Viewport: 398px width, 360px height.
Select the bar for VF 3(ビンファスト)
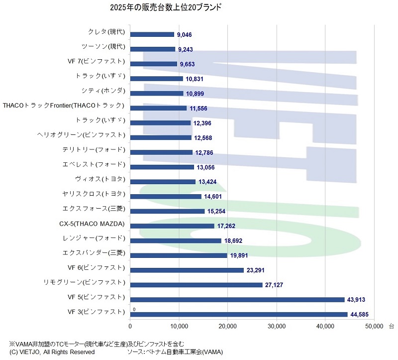(x=239, y=314)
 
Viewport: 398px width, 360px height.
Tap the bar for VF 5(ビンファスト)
(x=237, y=299)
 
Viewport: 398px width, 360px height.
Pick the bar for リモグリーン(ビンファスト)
(x=196, y=285)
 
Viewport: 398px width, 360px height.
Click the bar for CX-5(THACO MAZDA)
(x=172, y=226)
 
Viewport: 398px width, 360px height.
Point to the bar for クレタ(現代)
(x=152, y=34)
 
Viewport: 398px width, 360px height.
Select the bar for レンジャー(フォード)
(x=176, y=240)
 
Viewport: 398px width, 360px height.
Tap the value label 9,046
(x=185, y=35)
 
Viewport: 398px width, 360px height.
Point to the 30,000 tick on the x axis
(x=276, y=327)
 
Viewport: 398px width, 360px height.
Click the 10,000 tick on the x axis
(x=179, y=327)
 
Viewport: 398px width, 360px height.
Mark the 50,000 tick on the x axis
(x=373, y=327)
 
